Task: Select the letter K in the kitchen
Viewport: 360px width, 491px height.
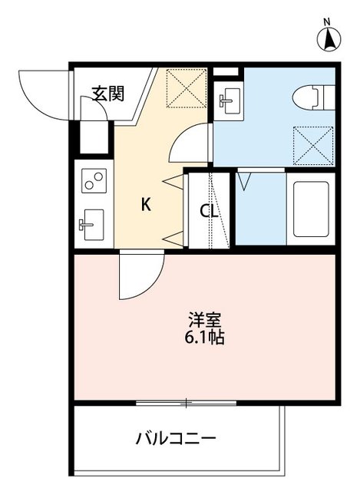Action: (x=144, y=204)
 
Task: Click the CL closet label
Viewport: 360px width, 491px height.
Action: (x=210, y=211)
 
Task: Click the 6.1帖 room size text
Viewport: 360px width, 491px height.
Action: (x=203, y=337)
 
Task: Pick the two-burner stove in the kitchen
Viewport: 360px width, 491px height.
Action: (x=94, y=183)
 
